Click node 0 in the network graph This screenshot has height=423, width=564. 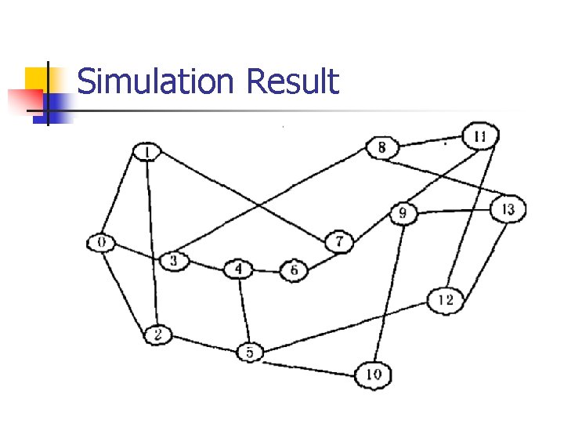(x=101, y=242)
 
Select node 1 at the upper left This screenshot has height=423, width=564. (x=146, y=151)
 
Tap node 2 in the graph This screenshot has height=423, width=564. (x=157, y=335)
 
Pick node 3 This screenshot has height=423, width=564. (x=175, y=260)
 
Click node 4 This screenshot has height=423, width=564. (x=239, y=270)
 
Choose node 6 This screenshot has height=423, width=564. (x=294, y=270)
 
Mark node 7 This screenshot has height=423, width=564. (x=339, y=241)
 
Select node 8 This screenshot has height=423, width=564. (x=382, y=147)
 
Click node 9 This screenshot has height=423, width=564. (x=403, y=212)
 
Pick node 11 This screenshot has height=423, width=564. (x=479, y=137)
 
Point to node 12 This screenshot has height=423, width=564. (x=446, y=300)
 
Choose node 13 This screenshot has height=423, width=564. (x=508, y=209)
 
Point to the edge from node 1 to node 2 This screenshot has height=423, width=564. (x=152, y=243)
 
